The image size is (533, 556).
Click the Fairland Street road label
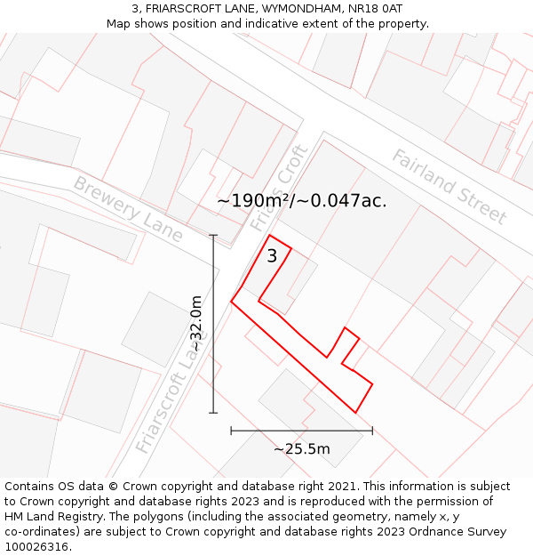coord(449,187)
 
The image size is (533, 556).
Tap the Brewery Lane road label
coord(128,209)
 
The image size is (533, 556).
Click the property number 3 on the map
coord(272,256)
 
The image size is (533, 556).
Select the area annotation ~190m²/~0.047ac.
coord(302,201)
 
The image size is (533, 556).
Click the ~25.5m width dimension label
coord(301,449)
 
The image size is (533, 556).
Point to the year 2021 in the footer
coord(339,487)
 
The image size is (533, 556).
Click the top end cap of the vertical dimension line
coord(213,235)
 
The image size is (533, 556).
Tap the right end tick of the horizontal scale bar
coord(372,431)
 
